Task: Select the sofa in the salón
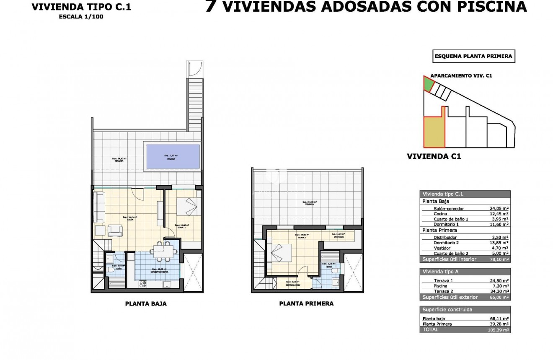coord(99,207)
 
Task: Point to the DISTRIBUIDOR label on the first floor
coord(293,285)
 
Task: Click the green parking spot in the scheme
coord(428,84)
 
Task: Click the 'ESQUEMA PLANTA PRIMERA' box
coord(473,56)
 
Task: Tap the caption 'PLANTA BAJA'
coord(146,304)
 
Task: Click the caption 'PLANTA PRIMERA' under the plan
coord(306,303)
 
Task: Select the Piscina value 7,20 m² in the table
coord(501,286)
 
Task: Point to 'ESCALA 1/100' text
coord(81,17)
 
